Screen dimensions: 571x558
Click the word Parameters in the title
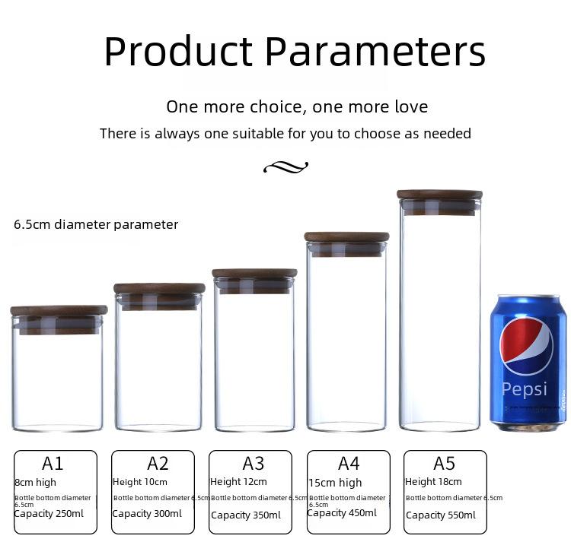tap(375, 52)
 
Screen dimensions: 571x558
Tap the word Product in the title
tap(178, 51)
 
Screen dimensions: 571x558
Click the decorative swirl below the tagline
tap(285, 167)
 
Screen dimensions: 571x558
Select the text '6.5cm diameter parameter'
tap(96, 224)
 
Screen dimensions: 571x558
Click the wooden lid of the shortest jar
tap(59, 310)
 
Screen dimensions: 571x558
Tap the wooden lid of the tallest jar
tap(439, 195)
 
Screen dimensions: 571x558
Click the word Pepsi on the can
tap(525, 389)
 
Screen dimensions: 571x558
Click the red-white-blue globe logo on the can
tap(526, 345)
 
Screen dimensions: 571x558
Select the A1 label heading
tap(53, 464)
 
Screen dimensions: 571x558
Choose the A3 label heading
tap(253, 464)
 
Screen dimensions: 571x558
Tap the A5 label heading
tap(445, 464)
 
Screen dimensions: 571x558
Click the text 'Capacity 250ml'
tap(49, 514)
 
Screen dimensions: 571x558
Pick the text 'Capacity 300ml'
tap(147, 514)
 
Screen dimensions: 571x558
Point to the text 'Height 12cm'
tap(238, 482)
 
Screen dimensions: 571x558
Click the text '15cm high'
tap(336, 483)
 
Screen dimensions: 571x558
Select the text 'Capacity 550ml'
tap(441, 515)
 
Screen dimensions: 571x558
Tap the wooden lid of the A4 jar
tap(346, 236)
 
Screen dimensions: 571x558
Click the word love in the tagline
tap(411, 107)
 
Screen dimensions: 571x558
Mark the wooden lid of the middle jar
tap(254, 274)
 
